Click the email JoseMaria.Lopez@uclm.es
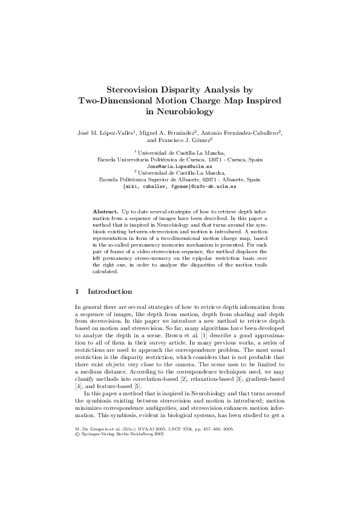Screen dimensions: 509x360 pyautogui.click(x=180, y=166)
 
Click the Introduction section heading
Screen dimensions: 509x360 pyautogui.click(x=114, y=291)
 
